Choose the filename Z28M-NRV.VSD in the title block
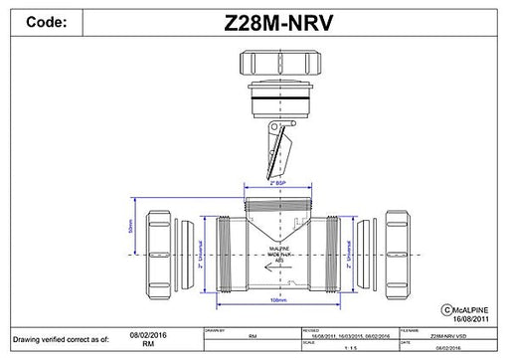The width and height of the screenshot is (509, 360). [x=441, y=337]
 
